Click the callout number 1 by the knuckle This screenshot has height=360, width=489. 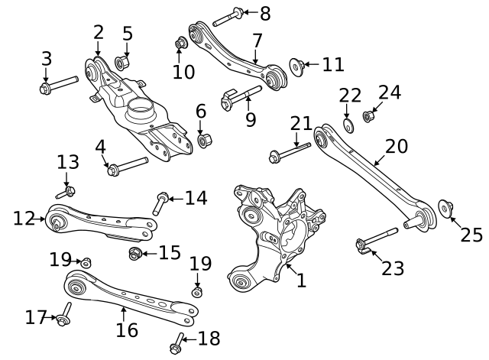click(x=301, y=281)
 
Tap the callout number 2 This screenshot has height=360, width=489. click(x=99, y=32)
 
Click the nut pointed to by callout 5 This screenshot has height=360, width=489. click(x=121, y=61)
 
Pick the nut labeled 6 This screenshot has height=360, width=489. click(x=204, y=141)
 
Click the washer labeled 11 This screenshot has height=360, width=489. click(x=296, y=67)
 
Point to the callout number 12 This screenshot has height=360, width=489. click(x=23, y=219)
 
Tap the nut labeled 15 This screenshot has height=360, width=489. click(x=134, y=253)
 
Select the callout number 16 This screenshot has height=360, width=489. click(x=127, y=330)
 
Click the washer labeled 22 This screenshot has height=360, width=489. click(x=348, y=126)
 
